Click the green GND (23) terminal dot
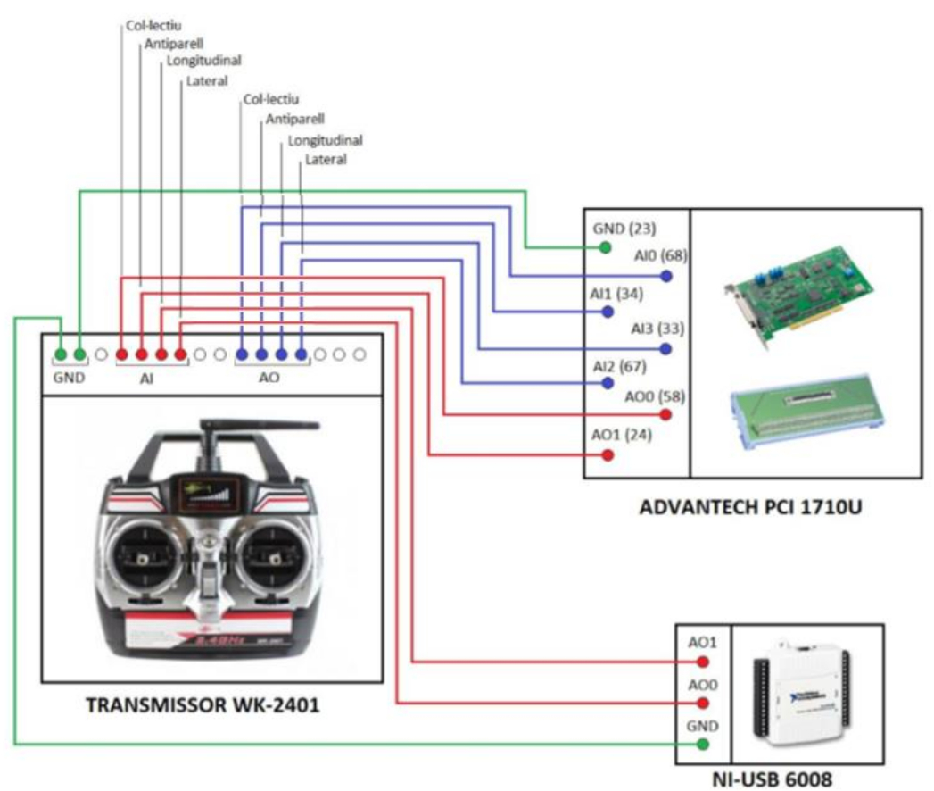tap(605, 247)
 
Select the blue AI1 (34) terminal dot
tap(608, 312)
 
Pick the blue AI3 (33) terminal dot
tap(665, 347)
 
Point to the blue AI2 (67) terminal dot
tap(608, 383)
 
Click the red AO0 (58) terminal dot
tap(665, 415)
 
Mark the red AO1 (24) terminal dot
tap(608, 455)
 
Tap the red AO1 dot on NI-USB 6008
tap(703, 662)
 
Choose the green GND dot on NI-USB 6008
tap(703, 744)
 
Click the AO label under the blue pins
tap(269, 378)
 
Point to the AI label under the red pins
tap(150, 378)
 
